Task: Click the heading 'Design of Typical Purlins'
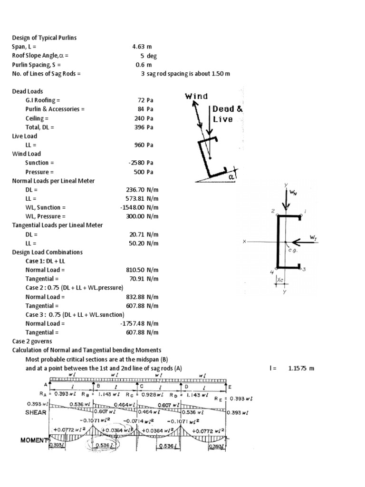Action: tap(44, 38)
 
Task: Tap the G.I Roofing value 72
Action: tap(141, 100)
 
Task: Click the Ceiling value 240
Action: tap(139, 118)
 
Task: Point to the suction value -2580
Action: tap(136, 163)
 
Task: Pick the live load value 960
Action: tap(139, 145)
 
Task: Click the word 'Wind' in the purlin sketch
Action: tap(196, 97)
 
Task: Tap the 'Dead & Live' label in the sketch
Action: tap(227, 114)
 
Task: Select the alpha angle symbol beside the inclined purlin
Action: tap(231, 176)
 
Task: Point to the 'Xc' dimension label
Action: tap(280, 281)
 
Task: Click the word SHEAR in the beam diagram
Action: tap(36, 413)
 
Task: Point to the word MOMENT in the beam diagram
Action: tap(34, 440)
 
